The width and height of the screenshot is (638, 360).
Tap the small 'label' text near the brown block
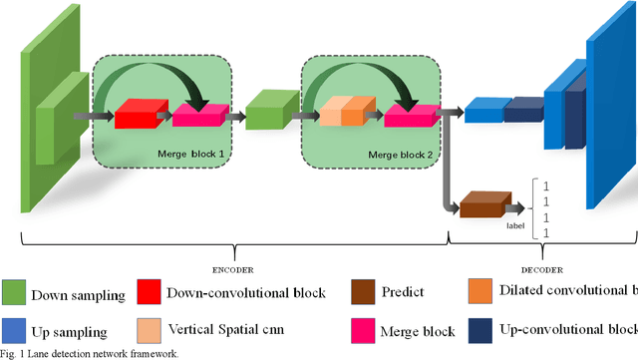(x=514, y=226)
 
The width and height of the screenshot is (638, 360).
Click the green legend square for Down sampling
(x=14, y=293)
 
